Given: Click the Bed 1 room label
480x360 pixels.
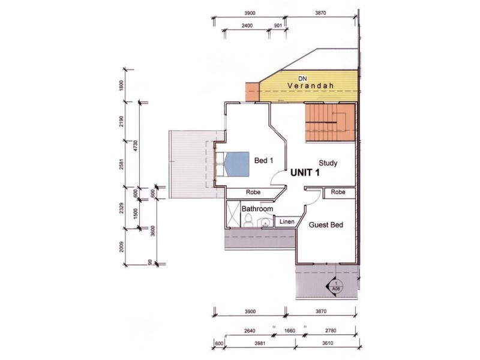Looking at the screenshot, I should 264,161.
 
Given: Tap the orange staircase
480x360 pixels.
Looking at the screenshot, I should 329,122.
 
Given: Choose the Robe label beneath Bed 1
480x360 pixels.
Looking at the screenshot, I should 253,192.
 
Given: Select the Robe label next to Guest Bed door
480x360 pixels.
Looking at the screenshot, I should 338,192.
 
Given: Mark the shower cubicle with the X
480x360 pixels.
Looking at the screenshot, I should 233,215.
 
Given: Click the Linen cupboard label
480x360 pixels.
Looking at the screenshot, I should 286,223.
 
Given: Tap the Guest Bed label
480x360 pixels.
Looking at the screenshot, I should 326,225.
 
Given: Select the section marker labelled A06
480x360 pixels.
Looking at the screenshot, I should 337,286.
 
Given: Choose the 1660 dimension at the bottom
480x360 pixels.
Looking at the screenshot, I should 290,330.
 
